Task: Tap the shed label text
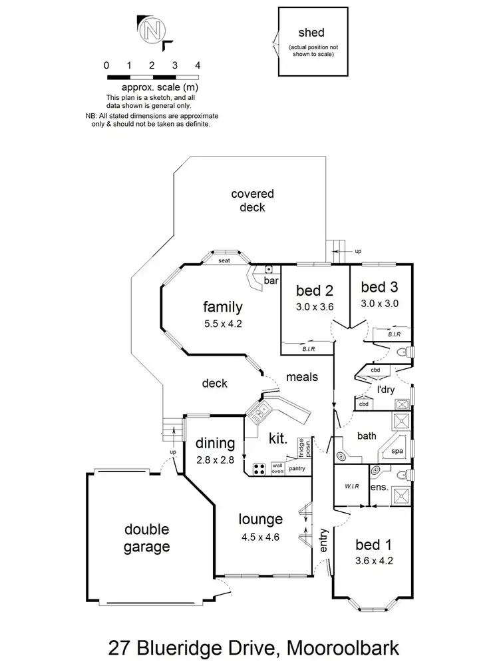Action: pos(311,33)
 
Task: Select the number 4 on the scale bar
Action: pos(198,65)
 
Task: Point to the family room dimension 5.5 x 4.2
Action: pos(222,325)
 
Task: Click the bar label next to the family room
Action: pos(271,282)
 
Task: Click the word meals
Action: pos(302,377)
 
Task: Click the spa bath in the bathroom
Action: pos(397,451)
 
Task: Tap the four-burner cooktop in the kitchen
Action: pos(256,468)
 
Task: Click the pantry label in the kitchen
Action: pos(297,469)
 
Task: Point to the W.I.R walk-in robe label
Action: pos(351,487)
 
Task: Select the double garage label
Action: pos(146,539)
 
